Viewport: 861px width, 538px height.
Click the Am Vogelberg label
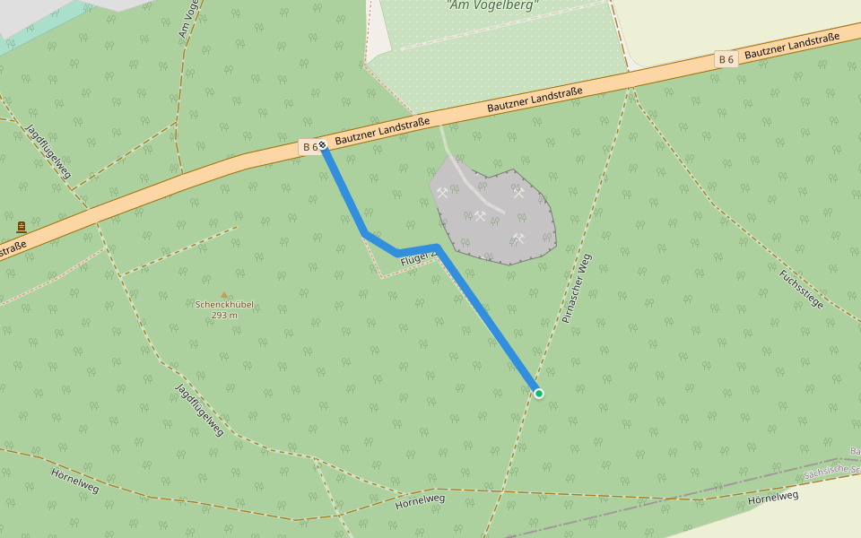(492, 4)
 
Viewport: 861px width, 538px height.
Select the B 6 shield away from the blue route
(726, 59)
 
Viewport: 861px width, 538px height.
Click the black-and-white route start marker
(322, 144)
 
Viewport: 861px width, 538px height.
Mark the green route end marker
(538, 393)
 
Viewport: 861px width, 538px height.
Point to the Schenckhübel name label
(224, 305)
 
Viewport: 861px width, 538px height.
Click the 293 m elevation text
(224, 316)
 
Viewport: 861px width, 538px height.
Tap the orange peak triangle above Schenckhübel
(224, 294)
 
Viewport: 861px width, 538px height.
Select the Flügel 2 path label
(417, 258)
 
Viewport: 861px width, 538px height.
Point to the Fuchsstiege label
(801, 289)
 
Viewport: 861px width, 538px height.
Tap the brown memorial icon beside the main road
(22, 228)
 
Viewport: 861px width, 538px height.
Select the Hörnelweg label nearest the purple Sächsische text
(772, 496)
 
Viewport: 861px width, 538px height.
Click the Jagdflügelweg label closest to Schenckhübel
(199, 410)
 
